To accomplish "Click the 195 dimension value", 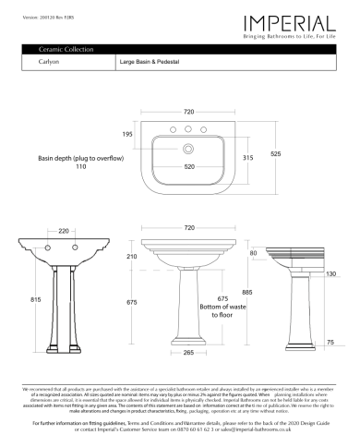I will tap(127, 134).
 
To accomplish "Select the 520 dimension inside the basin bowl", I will tap(188, 166).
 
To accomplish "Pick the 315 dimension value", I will tap(246, 158).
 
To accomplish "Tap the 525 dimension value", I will tap(275, 153).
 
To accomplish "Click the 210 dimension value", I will tap(131, 256).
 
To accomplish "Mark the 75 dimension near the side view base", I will tap(330, 342).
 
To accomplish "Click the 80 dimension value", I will tap(254, 252).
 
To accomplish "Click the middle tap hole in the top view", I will tap(187, 128).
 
